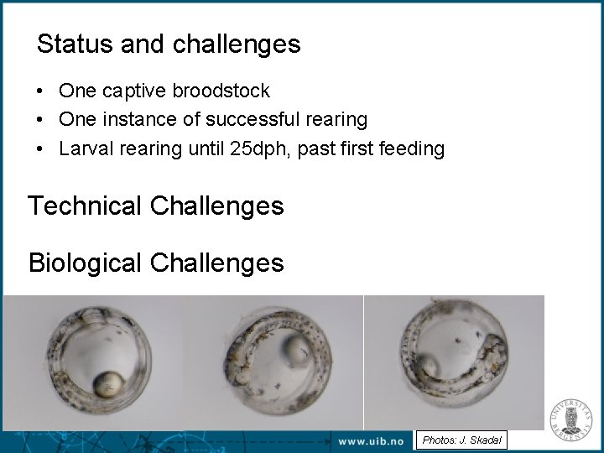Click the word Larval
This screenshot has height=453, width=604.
(84, 149)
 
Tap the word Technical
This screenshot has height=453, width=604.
(85, 206)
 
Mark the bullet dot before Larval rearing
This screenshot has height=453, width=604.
(40, 149)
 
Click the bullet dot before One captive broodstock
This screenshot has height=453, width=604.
(40, 91)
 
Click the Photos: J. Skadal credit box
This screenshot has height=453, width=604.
(461, 440)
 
